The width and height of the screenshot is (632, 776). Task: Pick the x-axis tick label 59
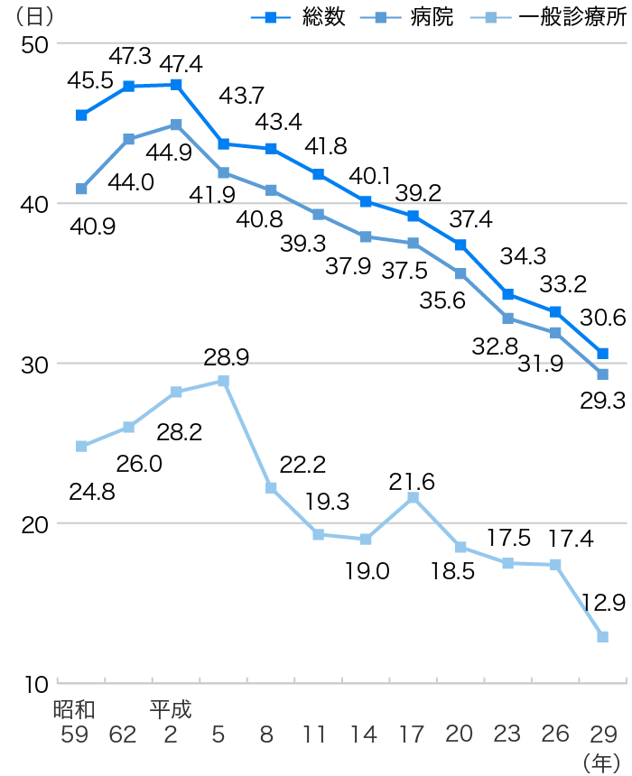[74, 734]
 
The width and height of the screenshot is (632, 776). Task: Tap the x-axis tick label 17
[411, 734]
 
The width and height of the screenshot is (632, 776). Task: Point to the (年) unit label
[600, 762]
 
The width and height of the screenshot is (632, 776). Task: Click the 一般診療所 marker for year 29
[602, 636]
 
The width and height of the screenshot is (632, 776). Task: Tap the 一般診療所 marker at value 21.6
[413, 498]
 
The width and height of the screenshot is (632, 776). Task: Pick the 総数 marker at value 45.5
[81, 115]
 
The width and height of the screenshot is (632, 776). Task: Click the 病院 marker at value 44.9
[177, 125]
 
